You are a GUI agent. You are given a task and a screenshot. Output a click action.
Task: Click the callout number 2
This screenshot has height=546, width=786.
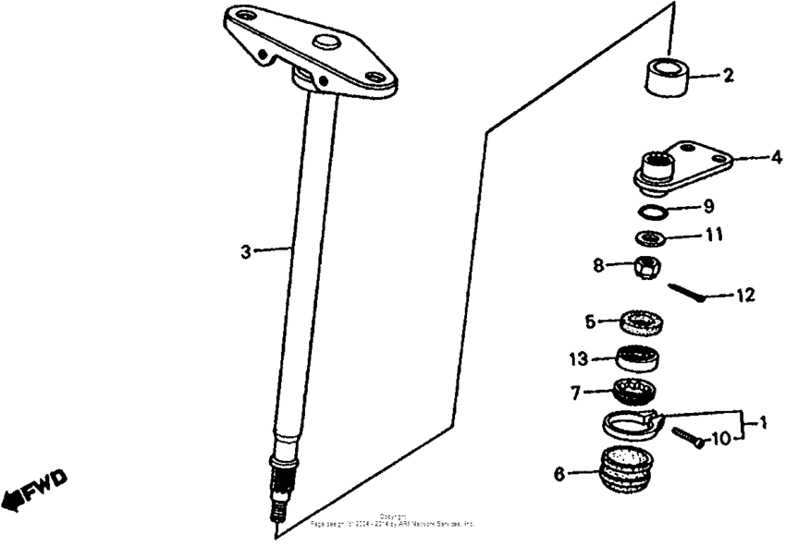point(728,76)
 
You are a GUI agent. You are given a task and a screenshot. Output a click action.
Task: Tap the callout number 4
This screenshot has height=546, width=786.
point(776,157)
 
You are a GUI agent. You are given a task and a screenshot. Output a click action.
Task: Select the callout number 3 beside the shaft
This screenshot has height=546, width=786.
point(246,251)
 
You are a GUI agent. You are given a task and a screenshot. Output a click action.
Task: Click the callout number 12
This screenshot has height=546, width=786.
point(745,297)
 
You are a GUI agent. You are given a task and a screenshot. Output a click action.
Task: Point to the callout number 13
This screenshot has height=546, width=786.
point(578,356)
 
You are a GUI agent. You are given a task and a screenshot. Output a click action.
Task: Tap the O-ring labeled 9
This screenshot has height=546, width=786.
point(655,210)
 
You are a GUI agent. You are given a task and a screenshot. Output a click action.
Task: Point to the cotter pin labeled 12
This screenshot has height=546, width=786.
point(688,292)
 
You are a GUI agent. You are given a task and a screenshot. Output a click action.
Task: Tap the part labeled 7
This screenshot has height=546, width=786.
point(633,392)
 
